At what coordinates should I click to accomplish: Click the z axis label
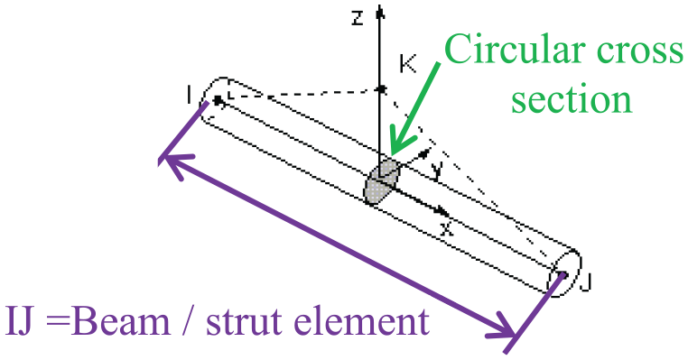[358, 19]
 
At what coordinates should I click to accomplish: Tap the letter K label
[407, 64]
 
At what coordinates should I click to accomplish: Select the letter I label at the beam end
[189, 95]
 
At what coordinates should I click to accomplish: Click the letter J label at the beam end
[586, 282]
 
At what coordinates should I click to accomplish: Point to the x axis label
[447, 227]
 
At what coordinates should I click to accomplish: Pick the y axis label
[436, 171]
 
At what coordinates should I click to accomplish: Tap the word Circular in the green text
[516, 49]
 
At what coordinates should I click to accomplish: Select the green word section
[572, 98]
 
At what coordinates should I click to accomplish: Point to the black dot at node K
[381, 89]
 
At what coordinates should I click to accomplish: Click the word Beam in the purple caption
[119, 320]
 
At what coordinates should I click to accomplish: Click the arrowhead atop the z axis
[380, 13]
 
